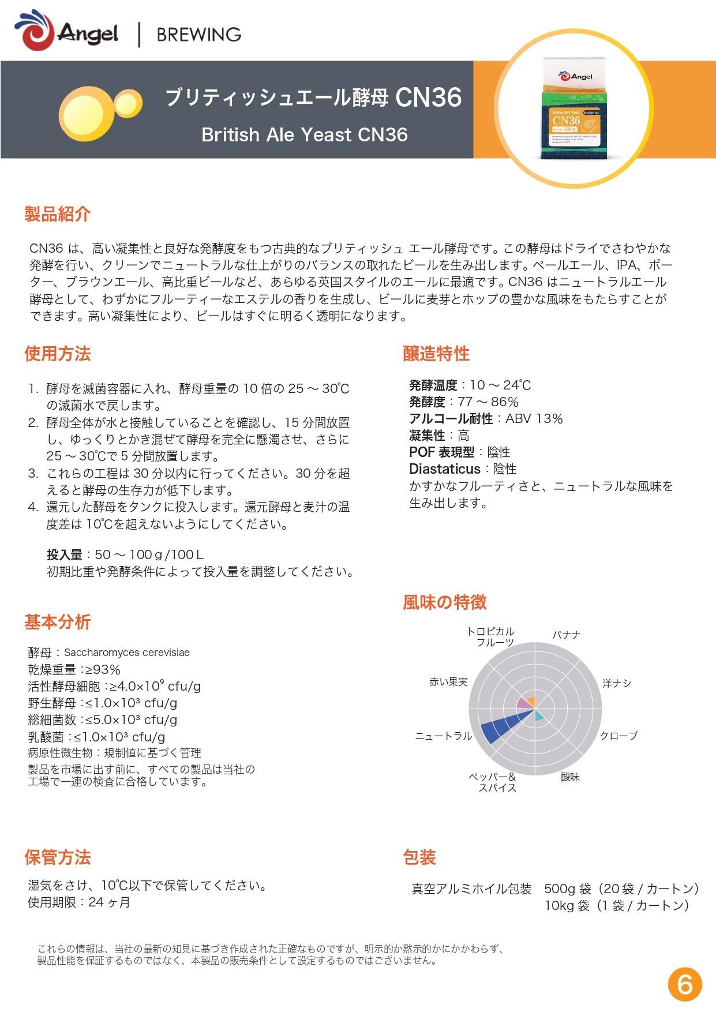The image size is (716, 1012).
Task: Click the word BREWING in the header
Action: click(x=199, y=35)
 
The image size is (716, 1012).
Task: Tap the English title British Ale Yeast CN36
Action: click(x=304, y=134)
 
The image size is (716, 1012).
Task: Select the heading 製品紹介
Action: click(x=57, y=214)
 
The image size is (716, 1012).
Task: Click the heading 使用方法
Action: click(x=57, y=354)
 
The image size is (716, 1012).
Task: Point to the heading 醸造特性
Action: click(x=436, y=354)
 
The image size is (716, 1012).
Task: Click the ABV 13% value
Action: click(x=534, y=419)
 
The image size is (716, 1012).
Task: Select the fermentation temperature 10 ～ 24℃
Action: click(x=500, y=385)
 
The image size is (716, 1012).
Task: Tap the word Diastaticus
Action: click(x=444, y=469)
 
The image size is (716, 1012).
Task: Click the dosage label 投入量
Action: click(x=64, y=555)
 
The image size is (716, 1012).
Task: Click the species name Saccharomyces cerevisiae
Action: click(x=127, y=653)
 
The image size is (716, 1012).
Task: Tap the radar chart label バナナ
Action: click(x=566, y=635)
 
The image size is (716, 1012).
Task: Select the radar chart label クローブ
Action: click(x=618, y=736)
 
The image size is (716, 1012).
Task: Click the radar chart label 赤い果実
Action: click(x=448, y=682)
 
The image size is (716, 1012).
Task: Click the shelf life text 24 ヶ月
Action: click(x=109, y=902)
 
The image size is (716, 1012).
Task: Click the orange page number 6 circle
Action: click(x=685, y=984)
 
